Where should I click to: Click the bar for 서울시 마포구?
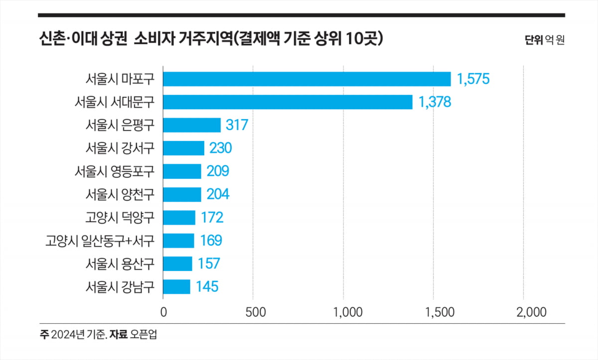pyautogui.click(x=306, y=79)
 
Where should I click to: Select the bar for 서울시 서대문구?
pyautogui.click(x=288, y=102)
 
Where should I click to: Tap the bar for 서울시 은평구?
pyautogui.click(x=192, y=125)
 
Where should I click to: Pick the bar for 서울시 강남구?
pyautogui.click(x=176, y=287)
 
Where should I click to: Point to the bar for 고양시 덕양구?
pyautogui.click(x=179, y=218)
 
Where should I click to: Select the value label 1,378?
pyautogui.click(x=435, y=102)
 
